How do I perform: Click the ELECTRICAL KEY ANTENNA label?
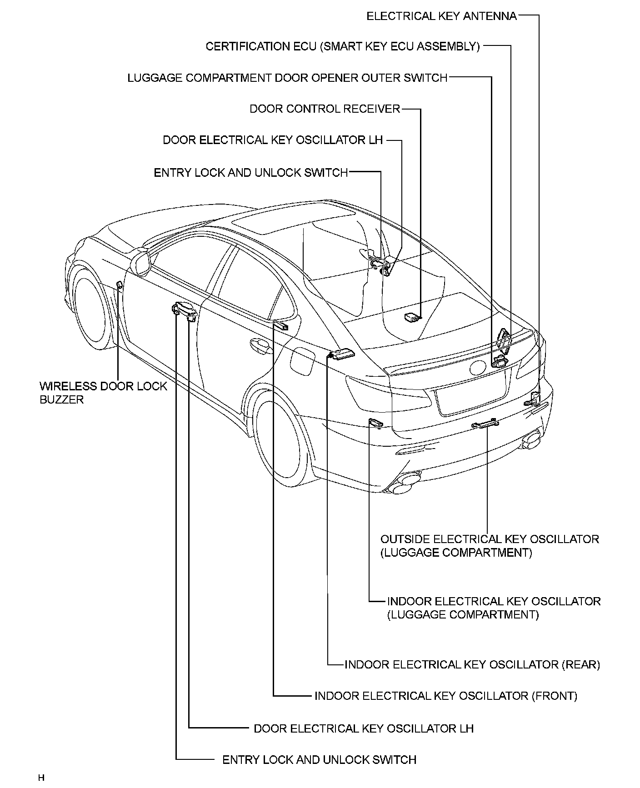pos(441,16)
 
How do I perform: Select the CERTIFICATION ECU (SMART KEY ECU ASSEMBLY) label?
pos(343,46)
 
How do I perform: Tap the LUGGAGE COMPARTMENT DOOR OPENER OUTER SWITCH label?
pos(287,78)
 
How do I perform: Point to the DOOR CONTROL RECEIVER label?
pos(325,109)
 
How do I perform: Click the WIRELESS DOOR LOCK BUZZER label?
pos(103,393)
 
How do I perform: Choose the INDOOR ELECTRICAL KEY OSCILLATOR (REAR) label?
pos(472,664)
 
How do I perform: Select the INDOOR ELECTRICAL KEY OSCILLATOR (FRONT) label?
pos(445,696)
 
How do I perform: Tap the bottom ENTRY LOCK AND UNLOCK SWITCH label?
pos(319,759)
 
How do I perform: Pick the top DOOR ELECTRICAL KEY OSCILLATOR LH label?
pos(273,140)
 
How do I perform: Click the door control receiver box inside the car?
pos(412,317)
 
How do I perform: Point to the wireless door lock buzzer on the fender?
pos(120,285)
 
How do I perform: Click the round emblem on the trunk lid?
pos(478,367)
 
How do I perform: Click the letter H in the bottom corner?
pos(41,778)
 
